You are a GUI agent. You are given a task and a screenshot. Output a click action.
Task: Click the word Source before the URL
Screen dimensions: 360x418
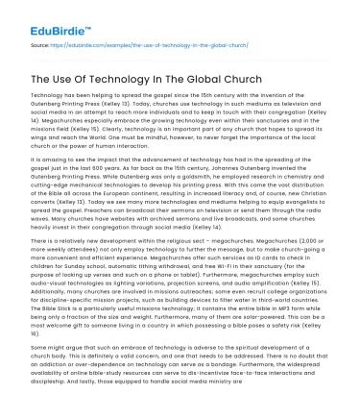click(x=40, y=44)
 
